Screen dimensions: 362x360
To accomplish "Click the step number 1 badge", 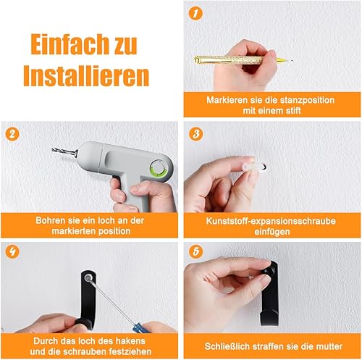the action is (x=195, y=13).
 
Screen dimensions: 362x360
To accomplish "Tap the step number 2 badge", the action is (x=12, y=133).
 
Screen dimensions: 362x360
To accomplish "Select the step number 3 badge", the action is (x=196, y=133).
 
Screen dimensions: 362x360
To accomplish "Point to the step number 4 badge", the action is (x=12, y=252).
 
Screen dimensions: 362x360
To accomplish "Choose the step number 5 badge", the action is (x=196, y=251).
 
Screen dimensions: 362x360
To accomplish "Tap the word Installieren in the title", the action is (x=86, y=75).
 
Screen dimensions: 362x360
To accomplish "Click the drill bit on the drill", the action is (x=64, y=151).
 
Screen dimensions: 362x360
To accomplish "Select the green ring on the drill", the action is (x=157, y=168).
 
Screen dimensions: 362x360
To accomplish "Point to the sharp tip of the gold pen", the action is (x=292, y=60).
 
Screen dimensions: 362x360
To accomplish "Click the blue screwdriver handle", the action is (x=138, y=327).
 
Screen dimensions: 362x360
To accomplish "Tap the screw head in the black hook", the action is (x=88, y=278).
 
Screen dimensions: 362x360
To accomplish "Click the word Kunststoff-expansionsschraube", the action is (x=271, y=221).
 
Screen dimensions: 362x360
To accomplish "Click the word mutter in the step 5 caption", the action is (x=329, y=346).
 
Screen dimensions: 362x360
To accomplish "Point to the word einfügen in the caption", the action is (x=272, y=232).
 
